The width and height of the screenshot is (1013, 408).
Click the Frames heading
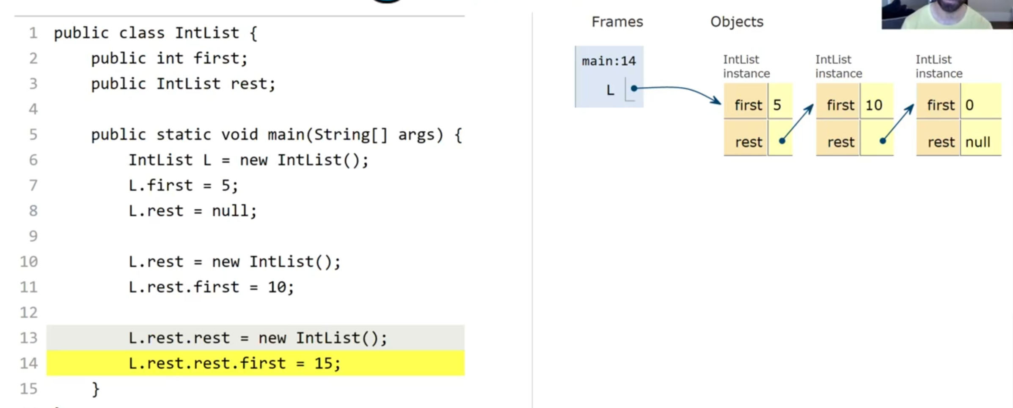[x=617, y=22]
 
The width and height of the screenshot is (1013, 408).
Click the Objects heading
[x=737, y=22]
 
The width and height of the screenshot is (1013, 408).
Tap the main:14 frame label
[x=608, y=61]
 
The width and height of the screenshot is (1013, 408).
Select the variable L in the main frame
[x=610, y=90]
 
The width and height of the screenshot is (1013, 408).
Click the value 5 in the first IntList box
[x=777, y=105]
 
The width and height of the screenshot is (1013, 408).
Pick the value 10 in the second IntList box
[x=874, y=105]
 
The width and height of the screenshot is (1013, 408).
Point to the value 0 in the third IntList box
[x=969, y=105]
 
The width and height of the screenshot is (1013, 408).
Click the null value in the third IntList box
[x=977, y=142]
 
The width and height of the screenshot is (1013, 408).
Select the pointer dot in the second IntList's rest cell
[x=883, y=141]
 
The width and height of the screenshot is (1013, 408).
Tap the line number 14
[x=29, y=363]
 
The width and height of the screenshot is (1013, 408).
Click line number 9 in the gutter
[x=33, y=236]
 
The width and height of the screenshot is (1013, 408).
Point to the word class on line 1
[x=142, y=33]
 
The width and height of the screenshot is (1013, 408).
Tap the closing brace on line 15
[x=96, y=389]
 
